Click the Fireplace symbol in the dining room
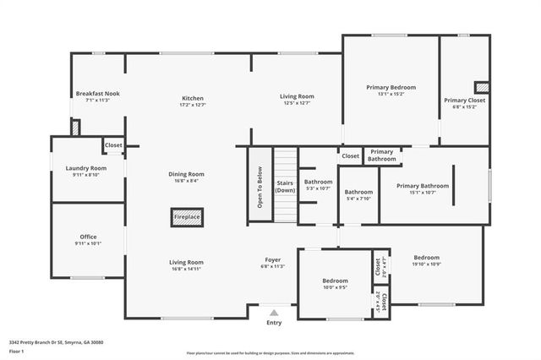point(187,217)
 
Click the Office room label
point(88,239)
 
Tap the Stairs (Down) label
point(286,186)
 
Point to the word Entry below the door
point(274,322)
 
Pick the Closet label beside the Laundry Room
point(113,145)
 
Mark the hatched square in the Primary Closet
point(482,87)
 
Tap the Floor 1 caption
point(16,350)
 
